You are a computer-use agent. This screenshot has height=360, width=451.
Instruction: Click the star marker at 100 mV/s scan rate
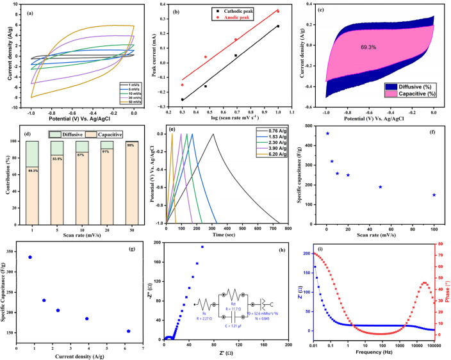(434, 195)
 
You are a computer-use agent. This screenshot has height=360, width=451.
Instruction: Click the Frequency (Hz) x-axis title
(372, 354)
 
